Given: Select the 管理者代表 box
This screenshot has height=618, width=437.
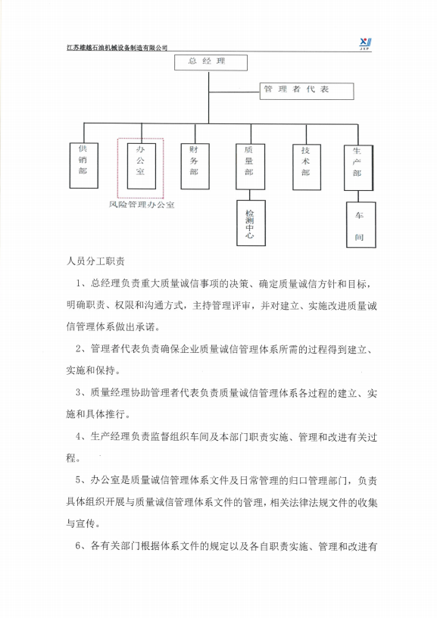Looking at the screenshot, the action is (307, 91).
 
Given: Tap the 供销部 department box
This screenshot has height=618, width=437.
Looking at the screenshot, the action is (82, 165).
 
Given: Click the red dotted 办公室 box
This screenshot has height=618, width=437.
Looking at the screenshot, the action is (140, 166).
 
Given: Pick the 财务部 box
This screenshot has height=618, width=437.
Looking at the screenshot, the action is (195, 165).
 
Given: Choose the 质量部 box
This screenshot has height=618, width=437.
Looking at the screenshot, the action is (249, 165).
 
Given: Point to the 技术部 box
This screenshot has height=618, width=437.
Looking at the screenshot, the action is (304, 162).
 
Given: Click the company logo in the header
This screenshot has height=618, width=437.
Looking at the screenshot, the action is (365, 43).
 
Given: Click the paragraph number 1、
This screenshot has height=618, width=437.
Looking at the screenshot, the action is (82, 284).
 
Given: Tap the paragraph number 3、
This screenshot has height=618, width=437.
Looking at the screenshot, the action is (82, 394).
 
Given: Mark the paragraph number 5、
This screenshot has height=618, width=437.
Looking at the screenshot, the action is (82, 480).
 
